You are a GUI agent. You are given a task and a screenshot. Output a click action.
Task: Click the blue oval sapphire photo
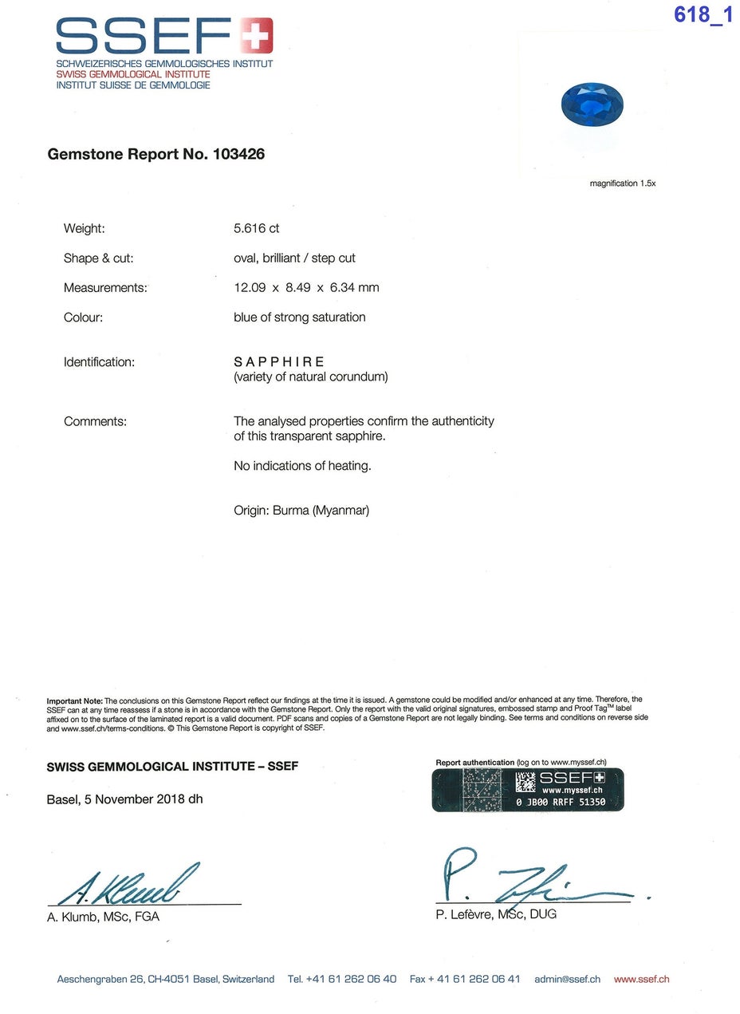(592, 105)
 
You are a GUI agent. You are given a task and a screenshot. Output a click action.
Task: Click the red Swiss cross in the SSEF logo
(257, 36)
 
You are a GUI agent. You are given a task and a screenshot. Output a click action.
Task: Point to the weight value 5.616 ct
(256, 228)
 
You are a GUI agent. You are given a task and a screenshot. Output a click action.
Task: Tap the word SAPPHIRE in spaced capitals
(279, 361)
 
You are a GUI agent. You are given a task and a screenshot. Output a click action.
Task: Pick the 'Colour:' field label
(84, 317)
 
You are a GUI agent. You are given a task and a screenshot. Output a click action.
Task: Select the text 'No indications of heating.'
(302, 465)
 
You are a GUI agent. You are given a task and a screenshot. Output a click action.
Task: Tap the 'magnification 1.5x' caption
(622, 183)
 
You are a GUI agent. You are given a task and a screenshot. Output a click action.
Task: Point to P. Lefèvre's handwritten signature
(526, 882)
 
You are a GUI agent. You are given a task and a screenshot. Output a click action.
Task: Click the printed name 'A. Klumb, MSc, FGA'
(103, 917)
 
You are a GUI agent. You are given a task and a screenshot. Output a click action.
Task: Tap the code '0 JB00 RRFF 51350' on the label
(561, 802)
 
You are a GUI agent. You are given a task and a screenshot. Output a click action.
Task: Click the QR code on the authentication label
(525, 782)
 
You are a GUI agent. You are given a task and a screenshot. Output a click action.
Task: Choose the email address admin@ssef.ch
(567, 979)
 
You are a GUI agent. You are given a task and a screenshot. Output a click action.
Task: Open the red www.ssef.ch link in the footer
(641, 979)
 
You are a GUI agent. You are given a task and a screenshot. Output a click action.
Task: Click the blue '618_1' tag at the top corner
(703, 14)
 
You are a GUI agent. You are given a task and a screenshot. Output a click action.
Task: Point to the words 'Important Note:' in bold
(75, 700)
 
